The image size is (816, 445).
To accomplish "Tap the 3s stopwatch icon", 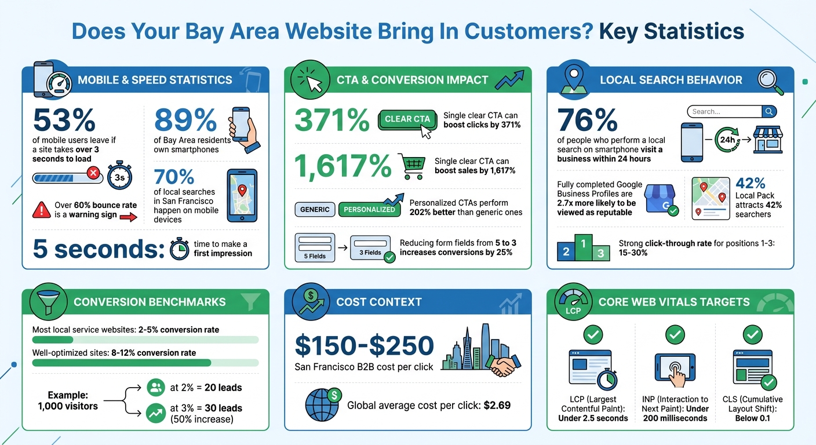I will tap(119, 177).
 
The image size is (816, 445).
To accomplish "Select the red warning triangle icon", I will tap(42, 210).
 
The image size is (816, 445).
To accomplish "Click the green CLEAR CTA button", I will tap(407, 119).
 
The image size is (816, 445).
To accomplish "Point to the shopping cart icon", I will tap(411, 166).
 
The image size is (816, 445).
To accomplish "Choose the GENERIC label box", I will tap(315, 209).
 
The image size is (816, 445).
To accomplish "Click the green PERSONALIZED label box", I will tap(370, 209).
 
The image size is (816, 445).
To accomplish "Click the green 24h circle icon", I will tap(728, 140).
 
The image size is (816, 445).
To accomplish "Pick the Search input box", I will tap(725, 112).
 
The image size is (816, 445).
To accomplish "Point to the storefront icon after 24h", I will tap(769, 141).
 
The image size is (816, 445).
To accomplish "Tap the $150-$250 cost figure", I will tap(364, 346).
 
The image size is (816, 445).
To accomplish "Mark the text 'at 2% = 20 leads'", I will tap(206, 388).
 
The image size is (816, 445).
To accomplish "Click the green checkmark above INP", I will tap(675, 334).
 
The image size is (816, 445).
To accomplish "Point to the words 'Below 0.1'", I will tap(752, 418).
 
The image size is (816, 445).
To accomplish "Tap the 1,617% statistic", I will tap(343, 166).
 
